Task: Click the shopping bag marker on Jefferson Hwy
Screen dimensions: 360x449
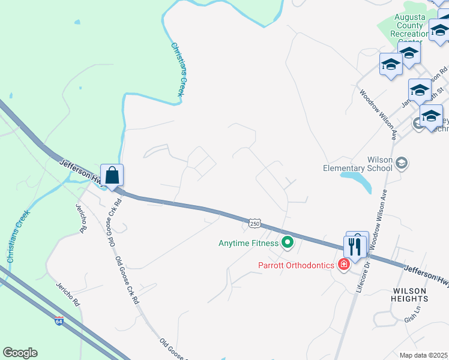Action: [112, 176]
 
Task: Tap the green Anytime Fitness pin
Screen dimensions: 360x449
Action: [288, 243]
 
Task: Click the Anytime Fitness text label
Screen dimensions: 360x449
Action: [249, 243]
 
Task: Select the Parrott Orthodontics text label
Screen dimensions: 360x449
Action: [297, 265]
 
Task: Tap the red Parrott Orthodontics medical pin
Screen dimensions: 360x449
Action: [344, 264]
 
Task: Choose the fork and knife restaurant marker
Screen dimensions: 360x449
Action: [355, 246]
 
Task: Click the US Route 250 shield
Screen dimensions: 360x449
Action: [255, 223]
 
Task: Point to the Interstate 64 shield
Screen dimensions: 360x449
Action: [59, 320]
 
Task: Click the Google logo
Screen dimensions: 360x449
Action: [20, 353]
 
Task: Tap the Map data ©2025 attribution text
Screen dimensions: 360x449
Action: [423, 355]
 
